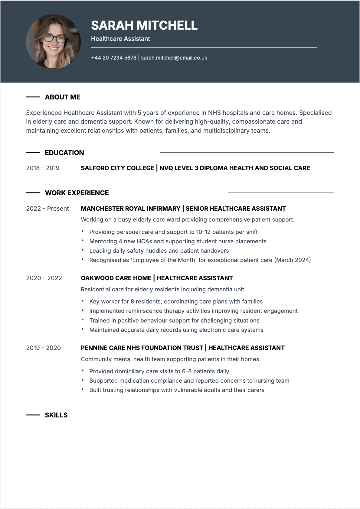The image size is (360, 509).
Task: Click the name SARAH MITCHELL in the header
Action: tap(144, 25)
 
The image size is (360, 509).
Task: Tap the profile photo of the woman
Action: tap(54, 42)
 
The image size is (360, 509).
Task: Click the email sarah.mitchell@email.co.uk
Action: tap(174, 58)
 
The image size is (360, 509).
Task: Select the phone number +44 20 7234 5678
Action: tap(114, 58)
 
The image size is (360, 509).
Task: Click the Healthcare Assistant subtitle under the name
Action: tap(120, 39)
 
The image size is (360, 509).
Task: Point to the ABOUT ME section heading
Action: tap(63, 97)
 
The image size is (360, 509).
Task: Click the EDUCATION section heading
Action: tap(64, 153)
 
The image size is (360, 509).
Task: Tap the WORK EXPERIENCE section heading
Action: tap(77, 193)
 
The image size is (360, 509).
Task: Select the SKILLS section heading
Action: tap(56, 415)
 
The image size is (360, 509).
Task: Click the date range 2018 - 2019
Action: tap(43, 168)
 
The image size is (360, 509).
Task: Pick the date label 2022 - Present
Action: tap(47, 209)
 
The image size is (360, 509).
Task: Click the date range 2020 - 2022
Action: tap(44, 278)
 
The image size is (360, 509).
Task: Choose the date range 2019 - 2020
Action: tap(43, 348)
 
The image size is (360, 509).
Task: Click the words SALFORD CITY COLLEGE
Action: tap(117, 168)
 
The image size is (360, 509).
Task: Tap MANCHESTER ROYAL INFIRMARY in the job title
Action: tap(130, 209)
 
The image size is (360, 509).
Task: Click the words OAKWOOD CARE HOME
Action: tap(116, 278)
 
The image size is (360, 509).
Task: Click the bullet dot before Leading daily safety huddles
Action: tap(82, 250)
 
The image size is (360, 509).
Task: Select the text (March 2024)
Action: tap(293, 260)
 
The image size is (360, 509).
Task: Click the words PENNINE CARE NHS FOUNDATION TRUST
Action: tap(142, 348)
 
